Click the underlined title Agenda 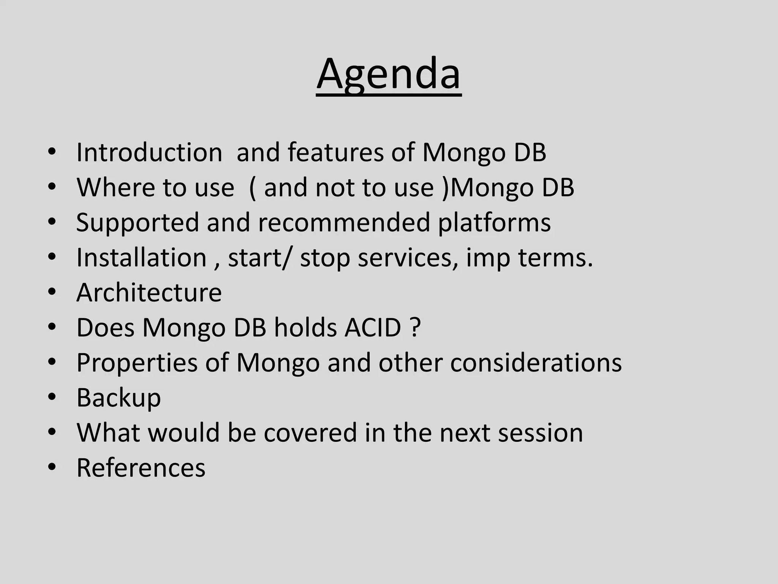(389, 74)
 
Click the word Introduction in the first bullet (149, 152)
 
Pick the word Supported (138, 223)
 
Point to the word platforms (494, 223)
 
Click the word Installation (141, 258)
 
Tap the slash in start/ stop (289, 258)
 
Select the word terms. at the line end (555, 258)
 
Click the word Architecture (149, 293)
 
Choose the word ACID (373, 328)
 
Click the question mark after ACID (416, 328)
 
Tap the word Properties (137, 363)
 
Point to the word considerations (536, 363)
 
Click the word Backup (119, 398)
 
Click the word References (141, 468)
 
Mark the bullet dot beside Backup (52, 398)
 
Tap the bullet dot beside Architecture (52, 292)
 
